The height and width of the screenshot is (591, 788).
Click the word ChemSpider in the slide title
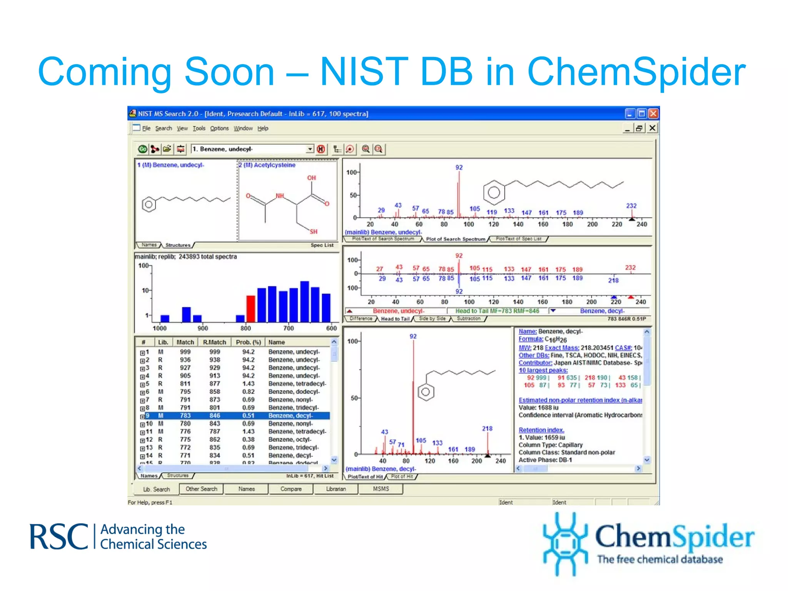(x=636, y=72)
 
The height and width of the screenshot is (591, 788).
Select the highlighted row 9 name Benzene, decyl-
(x=290, y=416)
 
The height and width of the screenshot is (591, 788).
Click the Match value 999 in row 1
(x=185, y=352)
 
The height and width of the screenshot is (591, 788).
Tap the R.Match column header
(x=214, y=342)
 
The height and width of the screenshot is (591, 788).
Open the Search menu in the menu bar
(x=164, y=128)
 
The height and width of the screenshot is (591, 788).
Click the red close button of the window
(x=653, y=114)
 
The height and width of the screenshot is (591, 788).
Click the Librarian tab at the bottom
(x=336, y=489)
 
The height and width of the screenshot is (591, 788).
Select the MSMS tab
(x=381, y=489)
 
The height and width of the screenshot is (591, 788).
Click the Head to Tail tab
(x=395, y=319)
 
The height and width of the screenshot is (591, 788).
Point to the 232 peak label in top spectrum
(x=631, y=205)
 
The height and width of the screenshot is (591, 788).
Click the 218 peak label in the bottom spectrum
(x=487, y=428)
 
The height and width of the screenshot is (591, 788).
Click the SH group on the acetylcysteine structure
(x=313, y=232)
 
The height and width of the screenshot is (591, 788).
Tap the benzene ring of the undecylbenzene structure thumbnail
(x=149, y=204)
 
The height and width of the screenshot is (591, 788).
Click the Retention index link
(x=541, y=430)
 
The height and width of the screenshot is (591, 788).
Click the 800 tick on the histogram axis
(x=245, y=328)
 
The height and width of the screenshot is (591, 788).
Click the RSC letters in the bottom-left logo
(x=59, y=537)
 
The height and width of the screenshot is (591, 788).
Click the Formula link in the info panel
(x=530, y=339)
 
